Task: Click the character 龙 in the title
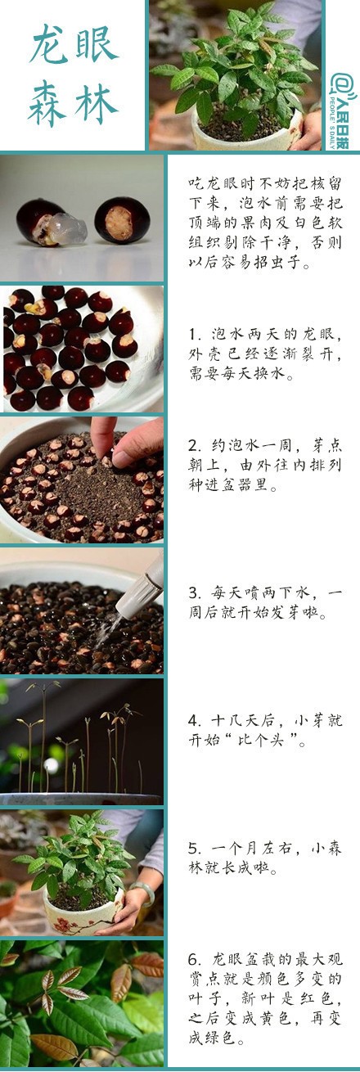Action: pyautogui.click(x=50, y=44)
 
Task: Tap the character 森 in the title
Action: pyautogui.click(x=48, y=103)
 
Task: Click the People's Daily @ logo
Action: pyautogui.click(x=344, y=111)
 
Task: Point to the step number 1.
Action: pyautogui.click(x=192, y=334)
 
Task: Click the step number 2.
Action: pyautogui.click(x=192, y=445)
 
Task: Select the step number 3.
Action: pyautogui.click(x=192, y=593)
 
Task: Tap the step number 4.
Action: pyautogui.click(x=192, y=720)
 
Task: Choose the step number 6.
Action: pyautogui.click(x=192, y=960)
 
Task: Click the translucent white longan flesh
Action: pyautogui.click(x=67, y=228)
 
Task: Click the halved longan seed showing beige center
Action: pyautogui.click(x=122, y=221)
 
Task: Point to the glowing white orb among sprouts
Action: pyautogui.click(x=51, y=765)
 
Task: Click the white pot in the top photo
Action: pyautogui.click(x=249, y=131)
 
